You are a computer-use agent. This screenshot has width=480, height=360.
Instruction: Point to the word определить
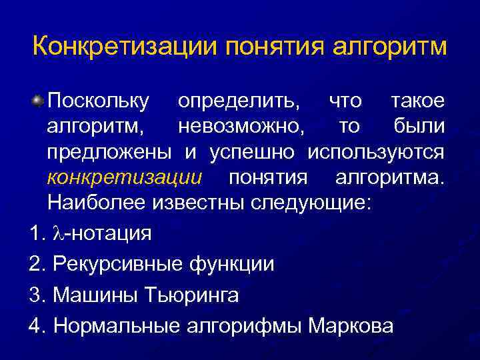(x=238, y=101)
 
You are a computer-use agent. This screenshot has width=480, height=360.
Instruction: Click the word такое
(x=417, y=101)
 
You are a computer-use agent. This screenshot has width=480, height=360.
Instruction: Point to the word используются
(x=375, y=152)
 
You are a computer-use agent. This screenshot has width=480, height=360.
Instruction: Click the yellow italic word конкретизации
(x=124, y=177)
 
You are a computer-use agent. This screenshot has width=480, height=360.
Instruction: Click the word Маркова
(x=351, y=325)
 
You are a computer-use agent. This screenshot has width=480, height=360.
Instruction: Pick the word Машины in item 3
(x=93, y=295)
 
